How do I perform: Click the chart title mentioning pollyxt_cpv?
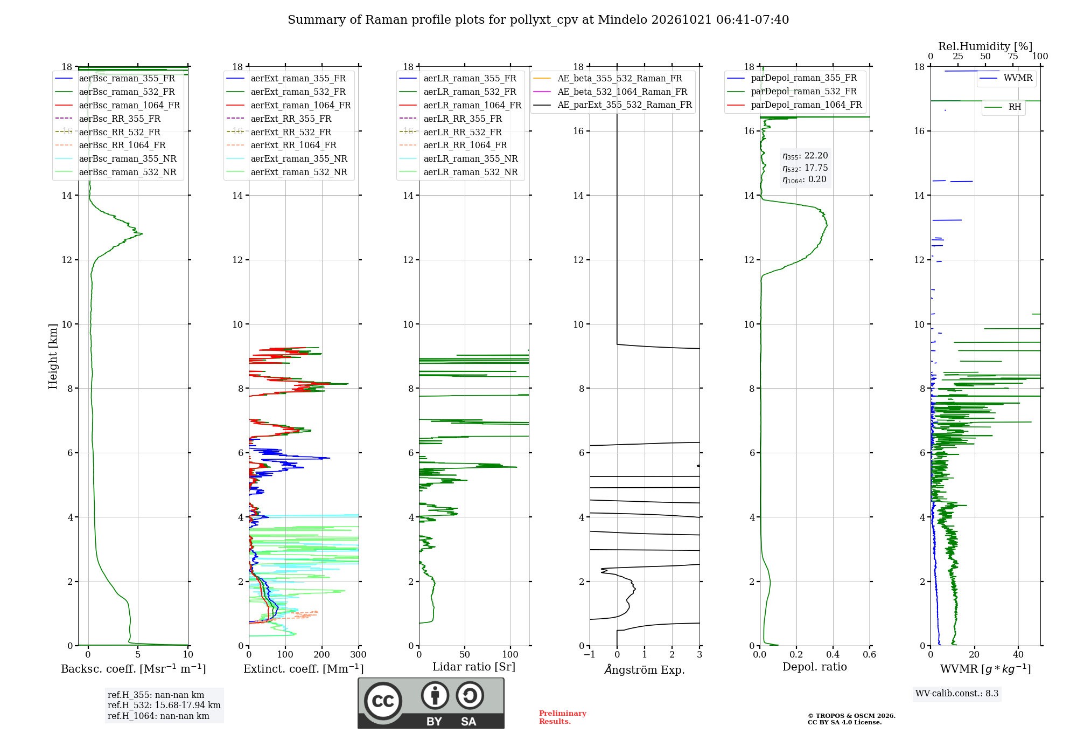click(538, 20)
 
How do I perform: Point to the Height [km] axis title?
click(53, 356)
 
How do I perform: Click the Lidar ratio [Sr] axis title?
click(474, 667)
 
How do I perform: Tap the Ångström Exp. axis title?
click(645, 669)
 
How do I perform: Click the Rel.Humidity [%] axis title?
click(985, 46)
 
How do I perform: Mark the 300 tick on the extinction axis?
click(359, 655)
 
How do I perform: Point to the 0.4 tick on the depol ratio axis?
click(833, 655)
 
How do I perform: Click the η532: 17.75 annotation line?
click(805, 168)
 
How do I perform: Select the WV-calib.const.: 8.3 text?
click(957, 694)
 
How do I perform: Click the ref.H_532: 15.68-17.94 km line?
click(164, 706)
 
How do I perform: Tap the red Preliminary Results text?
click(563, 717)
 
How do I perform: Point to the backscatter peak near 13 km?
click(142, 234)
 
